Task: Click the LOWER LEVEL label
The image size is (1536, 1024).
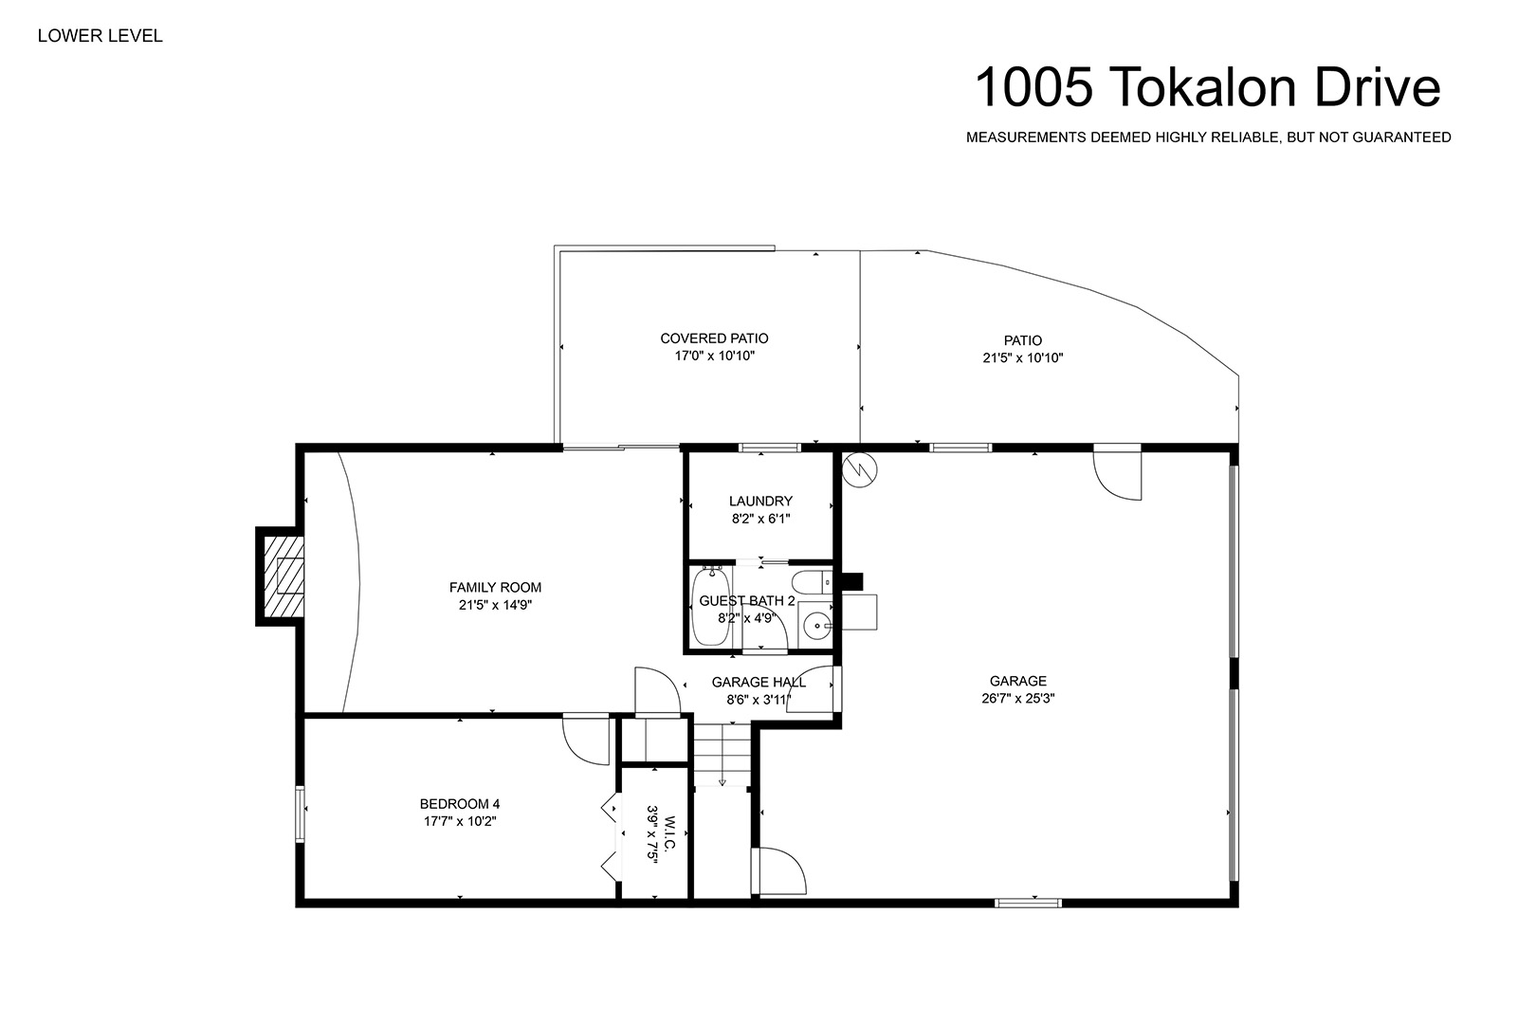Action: point(101,36)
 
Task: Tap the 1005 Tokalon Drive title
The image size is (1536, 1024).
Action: point(1208,87)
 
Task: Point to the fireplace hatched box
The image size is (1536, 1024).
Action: point(283,576)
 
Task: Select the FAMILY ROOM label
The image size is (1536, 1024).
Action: point(495,587)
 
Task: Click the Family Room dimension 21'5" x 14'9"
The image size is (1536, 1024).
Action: point(495,605)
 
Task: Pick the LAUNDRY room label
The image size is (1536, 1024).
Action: point(760,502)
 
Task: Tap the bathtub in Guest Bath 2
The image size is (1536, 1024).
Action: point(710,606)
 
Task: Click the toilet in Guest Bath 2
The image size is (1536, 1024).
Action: point(812,582)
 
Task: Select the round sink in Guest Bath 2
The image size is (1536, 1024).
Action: point(816,626)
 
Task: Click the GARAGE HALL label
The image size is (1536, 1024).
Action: point(759,683)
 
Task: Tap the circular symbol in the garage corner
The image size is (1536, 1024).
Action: point(859,470)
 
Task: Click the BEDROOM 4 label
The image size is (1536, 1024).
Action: point(460,804)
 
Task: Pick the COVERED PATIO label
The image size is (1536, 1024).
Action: point(714,338)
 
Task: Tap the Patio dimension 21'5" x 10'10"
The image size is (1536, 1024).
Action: point(1022,358)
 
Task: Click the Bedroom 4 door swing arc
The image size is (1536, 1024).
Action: point(579,750)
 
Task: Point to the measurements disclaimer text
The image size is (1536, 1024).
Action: point(1208,137)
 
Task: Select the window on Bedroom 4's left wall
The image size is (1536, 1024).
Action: point(300,814)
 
